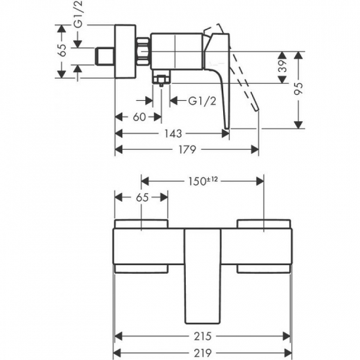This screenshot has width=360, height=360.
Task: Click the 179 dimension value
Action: pyautogui.click(x=188, y=150)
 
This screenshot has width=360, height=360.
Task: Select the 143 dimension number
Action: pyautogui.click(x=173, y=134)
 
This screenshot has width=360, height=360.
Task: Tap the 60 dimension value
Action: pyautogui.click(x=138, y=117)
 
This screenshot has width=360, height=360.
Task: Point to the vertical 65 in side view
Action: pyautogui.click(x=62, y=51)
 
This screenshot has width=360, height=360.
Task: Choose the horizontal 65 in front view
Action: pyautogui.click(x=142, y=197)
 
